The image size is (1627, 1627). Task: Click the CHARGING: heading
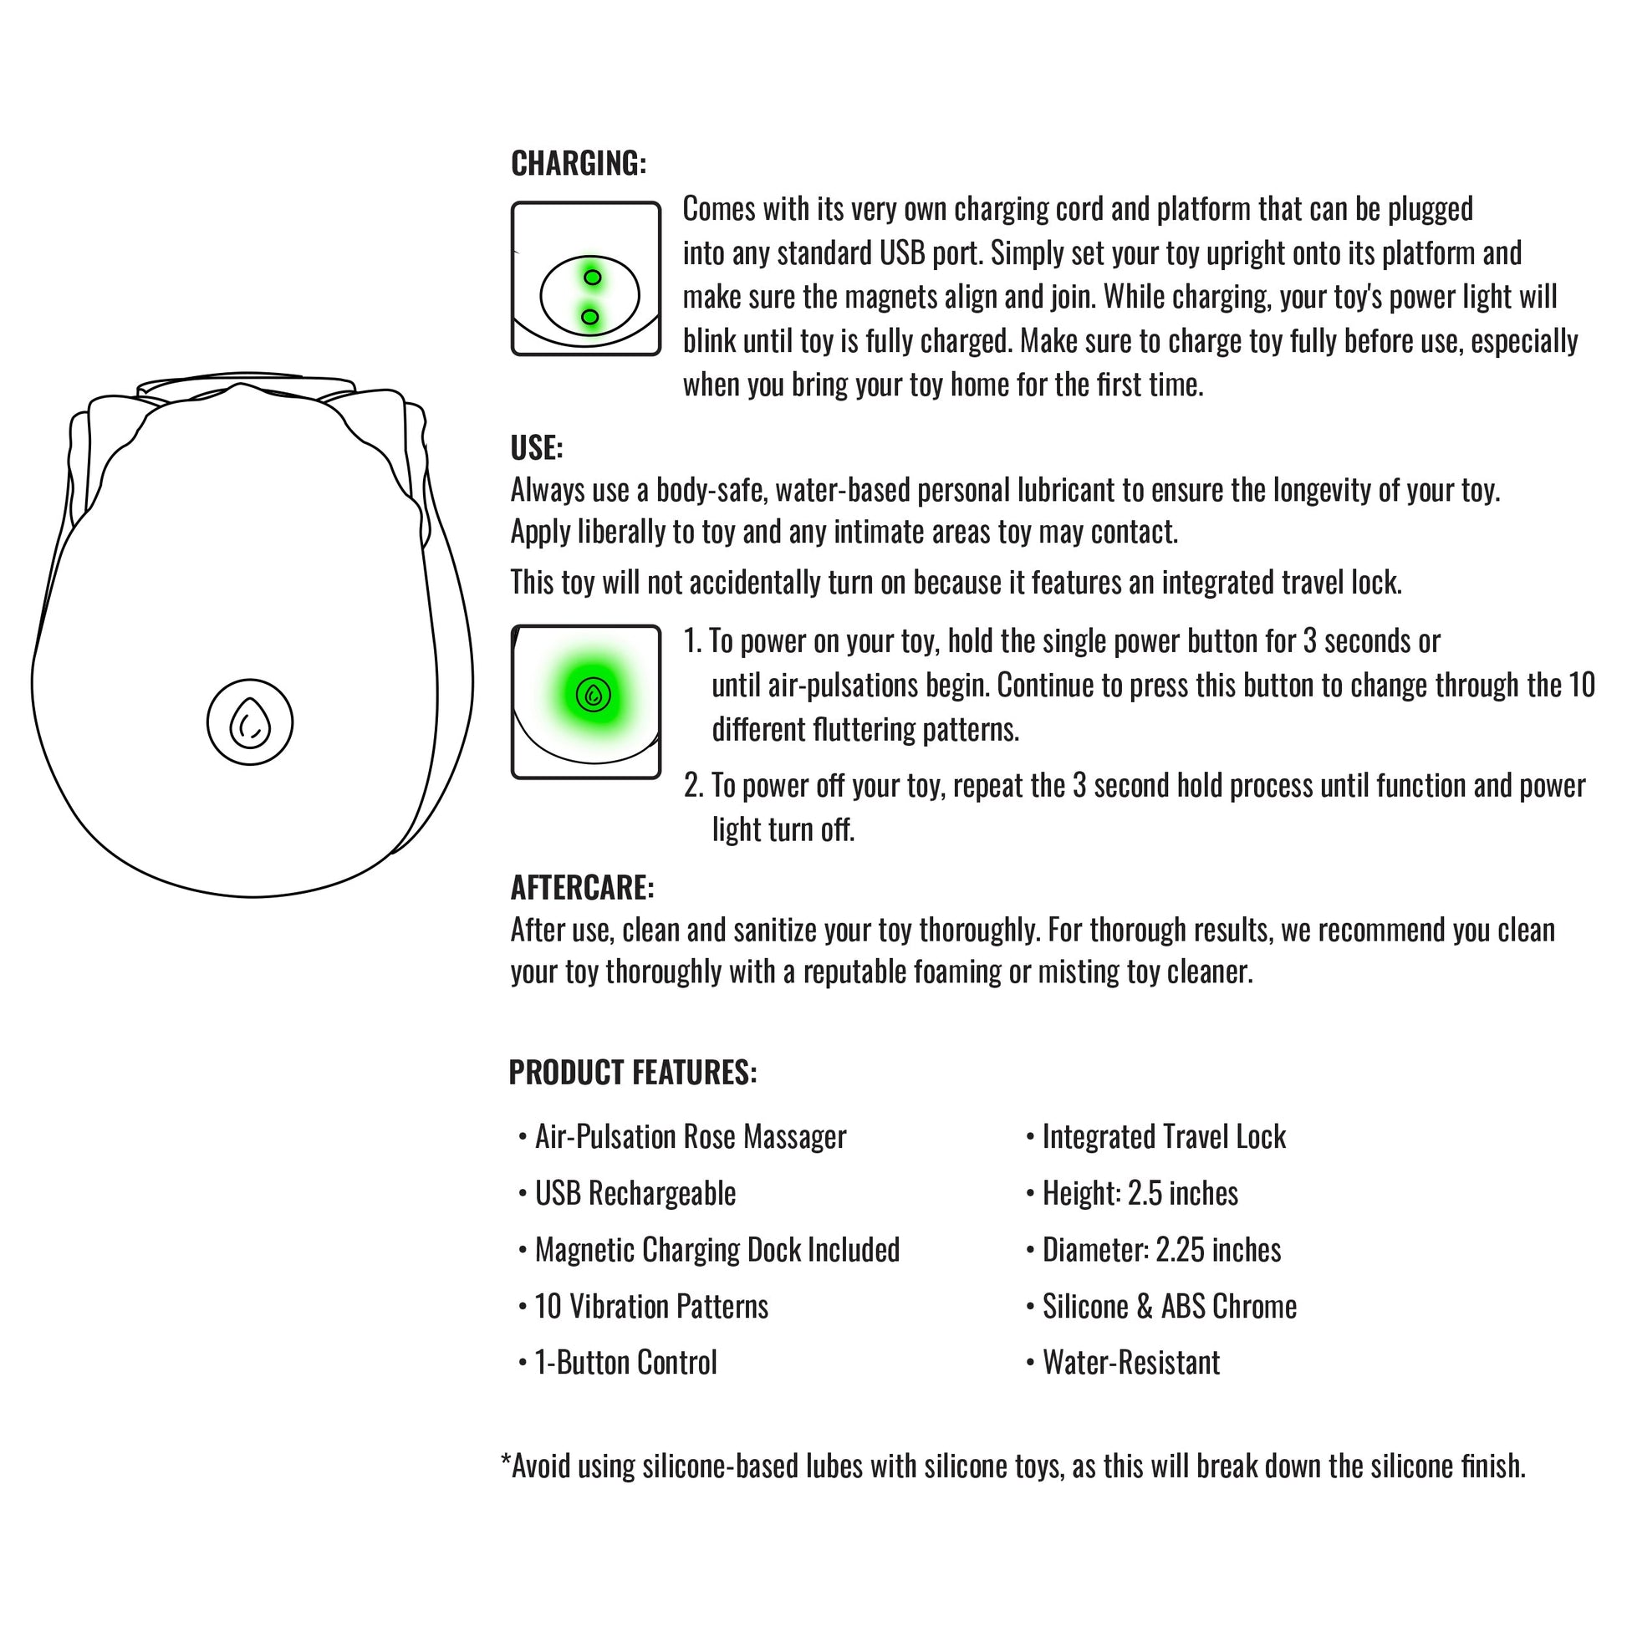coord(579,163)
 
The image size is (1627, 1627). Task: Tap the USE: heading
coord(537,448)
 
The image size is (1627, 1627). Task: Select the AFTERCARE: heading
coord(582,888)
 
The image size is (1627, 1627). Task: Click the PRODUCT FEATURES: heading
coord(632,1073)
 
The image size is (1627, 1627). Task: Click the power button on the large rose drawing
coord(250,722)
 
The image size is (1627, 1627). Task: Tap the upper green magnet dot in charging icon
coord(592,277)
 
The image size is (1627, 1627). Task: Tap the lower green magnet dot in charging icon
coord(590,317)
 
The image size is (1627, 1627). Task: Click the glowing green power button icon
coord(594,695)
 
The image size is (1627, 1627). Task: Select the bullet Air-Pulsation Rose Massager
coord(690,1137)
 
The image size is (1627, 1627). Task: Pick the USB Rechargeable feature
coord(635,1193)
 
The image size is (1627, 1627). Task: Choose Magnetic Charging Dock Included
coord(717,1250)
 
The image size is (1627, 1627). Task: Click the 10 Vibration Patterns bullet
coord(651,1306)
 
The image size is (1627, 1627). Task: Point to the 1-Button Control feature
coord(625,1363)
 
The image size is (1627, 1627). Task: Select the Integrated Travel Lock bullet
coord(1163,1137)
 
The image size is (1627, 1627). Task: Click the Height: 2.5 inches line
coord(1140,1193)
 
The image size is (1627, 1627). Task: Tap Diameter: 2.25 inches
coord(1161,1250)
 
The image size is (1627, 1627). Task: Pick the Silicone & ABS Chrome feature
coord(1169,1306)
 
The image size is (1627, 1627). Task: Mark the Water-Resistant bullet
coord(1130,1363)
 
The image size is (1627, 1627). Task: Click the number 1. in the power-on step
coord(692,642)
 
